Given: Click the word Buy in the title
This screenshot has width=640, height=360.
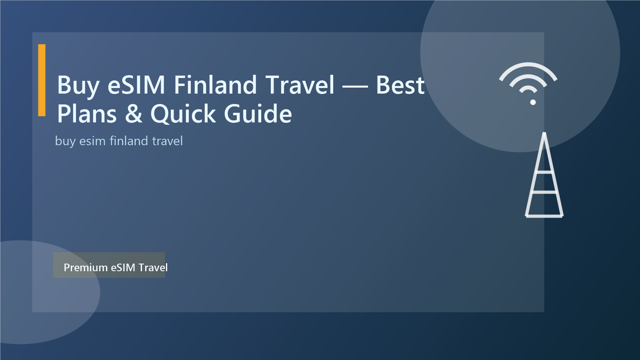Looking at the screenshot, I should click(x=78, y=86).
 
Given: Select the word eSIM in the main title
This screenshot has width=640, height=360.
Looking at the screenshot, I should click(x=136, y=85).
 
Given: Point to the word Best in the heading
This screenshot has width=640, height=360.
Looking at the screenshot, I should click(x=400, y=85).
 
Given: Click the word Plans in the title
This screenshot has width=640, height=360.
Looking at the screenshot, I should click(x=87, y=114).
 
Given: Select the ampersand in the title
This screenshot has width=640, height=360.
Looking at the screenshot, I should click(x=134, y=114).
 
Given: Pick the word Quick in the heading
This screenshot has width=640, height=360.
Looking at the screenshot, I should click(x=183, y=114).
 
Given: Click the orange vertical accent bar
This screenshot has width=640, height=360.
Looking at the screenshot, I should click(x=42, y=80).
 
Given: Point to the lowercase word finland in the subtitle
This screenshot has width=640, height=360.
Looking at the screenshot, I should click(x=129, y=141).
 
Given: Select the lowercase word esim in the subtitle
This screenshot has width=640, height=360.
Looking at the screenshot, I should click(x=92, y=141).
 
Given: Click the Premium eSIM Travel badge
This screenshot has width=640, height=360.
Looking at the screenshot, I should click(x=109, y=265).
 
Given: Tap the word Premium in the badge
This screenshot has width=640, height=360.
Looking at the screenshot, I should click(x=86, y=268).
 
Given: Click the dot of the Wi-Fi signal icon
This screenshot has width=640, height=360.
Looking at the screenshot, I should click(x=533, y=102).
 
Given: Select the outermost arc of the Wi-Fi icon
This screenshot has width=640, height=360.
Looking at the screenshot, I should click(x=528, y=66).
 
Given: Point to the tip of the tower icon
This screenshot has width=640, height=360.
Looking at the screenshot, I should click(x=544, y=134).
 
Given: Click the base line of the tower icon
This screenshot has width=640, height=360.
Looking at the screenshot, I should click(x=544, y=216).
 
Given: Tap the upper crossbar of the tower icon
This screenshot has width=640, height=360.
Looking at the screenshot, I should click(x=544, y=172).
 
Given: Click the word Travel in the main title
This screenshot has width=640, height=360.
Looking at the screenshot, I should click(x=300, y=85).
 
